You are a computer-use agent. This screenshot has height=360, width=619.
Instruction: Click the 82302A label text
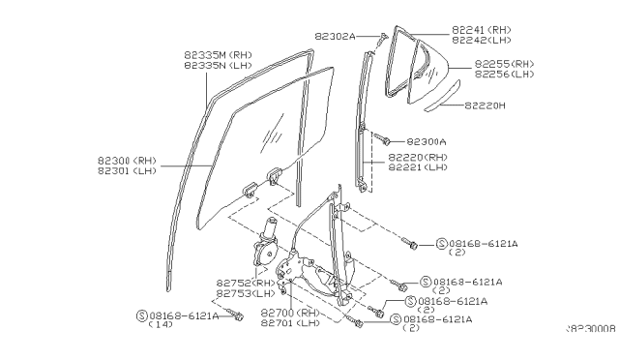coord(334,36)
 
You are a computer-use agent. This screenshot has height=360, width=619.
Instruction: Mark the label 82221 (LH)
coord(418,166)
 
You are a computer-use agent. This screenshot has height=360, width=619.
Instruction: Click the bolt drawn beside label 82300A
coord(383,140)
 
